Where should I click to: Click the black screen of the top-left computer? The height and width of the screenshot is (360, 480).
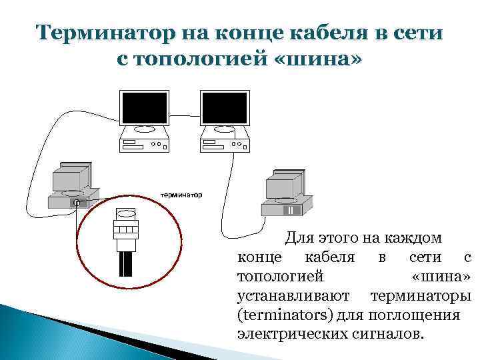coord(143,108)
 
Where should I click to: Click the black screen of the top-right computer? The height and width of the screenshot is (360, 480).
coord(225,108)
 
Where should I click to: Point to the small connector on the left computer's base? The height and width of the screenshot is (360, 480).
coord(77,203)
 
